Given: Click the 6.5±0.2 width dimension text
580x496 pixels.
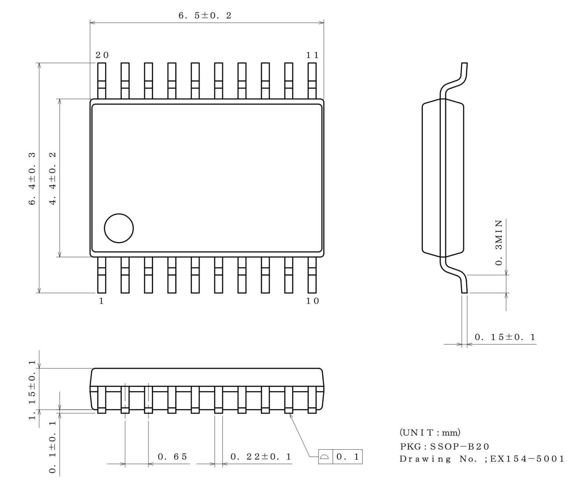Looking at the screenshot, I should [x=205, y=16].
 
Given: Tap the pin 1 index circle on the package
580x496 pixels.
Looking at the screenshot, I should [x=119, y=229].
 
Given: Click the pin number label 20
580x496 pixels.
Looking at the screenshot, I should [x=102, y=55].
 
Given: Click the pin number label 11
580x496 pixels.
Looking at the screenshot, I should [x=312, y=55].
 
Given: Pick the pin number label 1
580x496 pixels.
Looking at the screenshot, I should [x=101, y=301].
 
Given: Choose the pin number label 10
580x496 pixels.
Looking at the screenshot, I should [x=312, y=301].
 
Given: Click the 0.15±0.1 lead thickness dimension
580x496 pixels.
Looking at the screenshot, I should [x=505, y=337].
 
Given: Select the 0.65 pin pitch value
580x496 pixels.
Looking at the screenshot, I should [x=172, y=457].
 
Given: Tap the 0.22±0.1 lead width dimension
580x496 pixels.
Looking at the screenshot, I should [x=261, y=457].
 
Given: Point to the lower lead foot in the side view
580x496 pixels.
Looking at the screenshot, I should [x=464, y=287].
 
